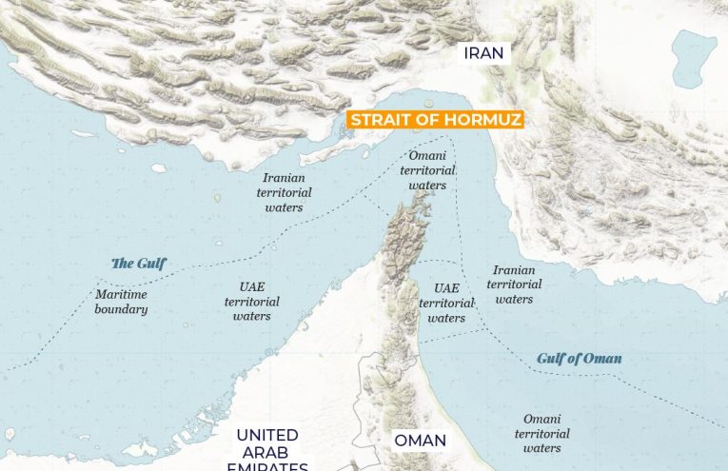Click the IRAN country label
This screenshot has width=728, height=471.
click(x=483, y=52)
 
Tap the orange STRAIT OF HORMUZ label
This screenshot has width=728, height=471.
click(x=436, y=120)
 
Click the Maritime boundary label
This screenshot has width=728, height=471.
click(x=121, y=302)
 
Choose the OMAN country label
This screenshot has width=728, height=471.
click(x=420, y=442)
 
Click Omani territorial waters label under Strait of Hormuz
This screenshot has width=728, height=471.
click(x=427, y=170)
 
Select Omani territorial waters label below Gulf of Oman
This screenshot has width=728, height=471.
click(x=542, y=433)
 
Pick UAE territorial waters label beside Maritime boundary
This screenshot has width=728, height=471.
click(x=251, y=301)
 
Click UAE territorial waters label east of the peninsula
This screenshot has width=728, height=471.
click(x=446, y=303)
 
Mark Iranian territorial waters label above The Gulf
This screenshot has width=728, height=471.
click(x=285, y=192)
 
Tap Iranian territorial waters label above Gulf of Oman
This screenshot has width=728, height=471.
click(x=514, y=285)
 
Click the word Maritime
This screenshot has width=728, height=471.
click(x=120, y=294)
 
